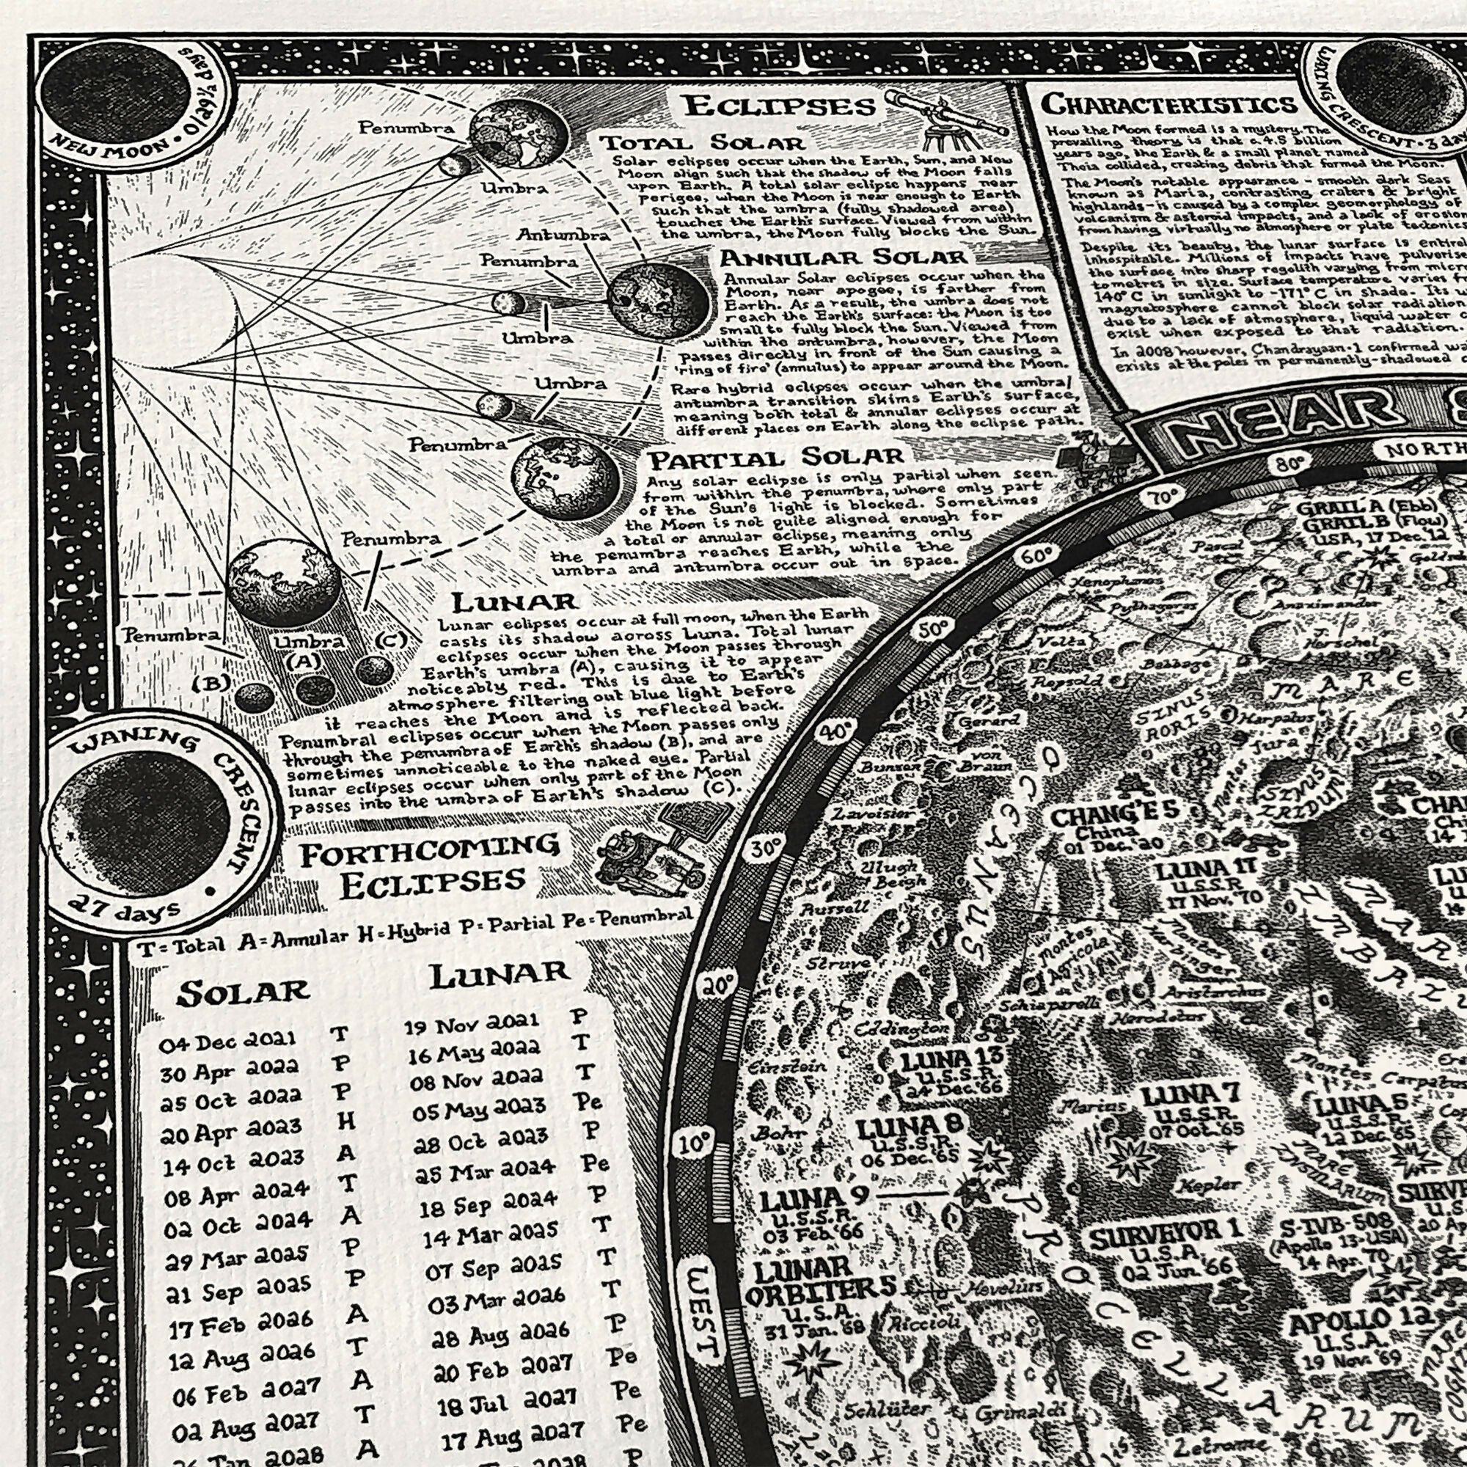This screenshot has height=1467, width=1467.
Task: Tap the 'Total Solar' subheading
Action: (702, 143)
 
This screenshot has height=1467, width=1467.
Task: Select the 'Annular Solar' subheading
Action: (844, 257)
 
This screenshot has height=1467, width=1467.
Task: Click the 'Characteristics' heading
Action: (1168, 104)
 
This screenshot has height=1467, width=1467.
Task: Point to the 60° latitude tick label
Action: (1035, 557)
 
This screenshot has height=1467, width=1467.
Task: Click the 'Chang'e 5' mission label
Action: (1115, 818)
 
